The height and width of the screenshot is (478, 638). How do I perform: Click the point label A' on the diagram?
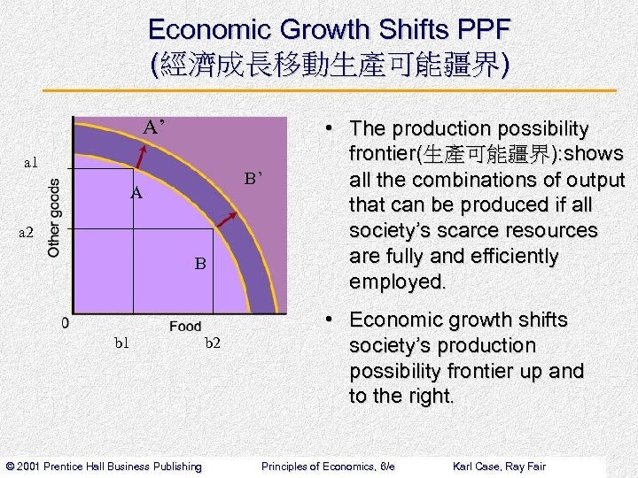(154, 127)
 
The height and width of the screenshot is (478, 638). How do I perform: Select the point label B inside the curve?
(200, 263)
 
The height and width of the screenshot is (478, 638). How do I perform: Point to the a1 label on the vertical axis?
(31, 162)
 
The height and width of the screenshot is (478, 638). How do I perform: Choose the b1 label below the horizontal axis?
(122, 343)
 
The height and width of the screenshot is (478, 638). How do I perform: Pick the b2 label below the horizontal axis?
(213, 343)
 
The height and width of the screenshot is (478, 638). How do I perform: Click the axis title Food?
(185, 327)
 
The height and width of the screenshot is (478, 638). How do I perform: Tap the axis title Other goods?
(54, 218)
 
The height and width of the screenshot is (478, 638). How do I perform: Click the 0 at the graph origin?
(66, 323)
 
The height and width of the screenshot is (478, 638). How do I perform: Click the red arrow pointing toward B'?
(226, 223)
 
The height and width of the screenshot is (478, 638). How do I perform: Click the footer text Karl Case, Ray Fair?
(499, 466)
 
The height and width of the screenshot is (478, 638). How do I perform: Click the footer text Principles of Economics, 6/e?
(328, 466)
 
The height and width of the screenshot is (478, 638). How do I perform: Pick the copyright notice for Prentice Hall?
(104, 466)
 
